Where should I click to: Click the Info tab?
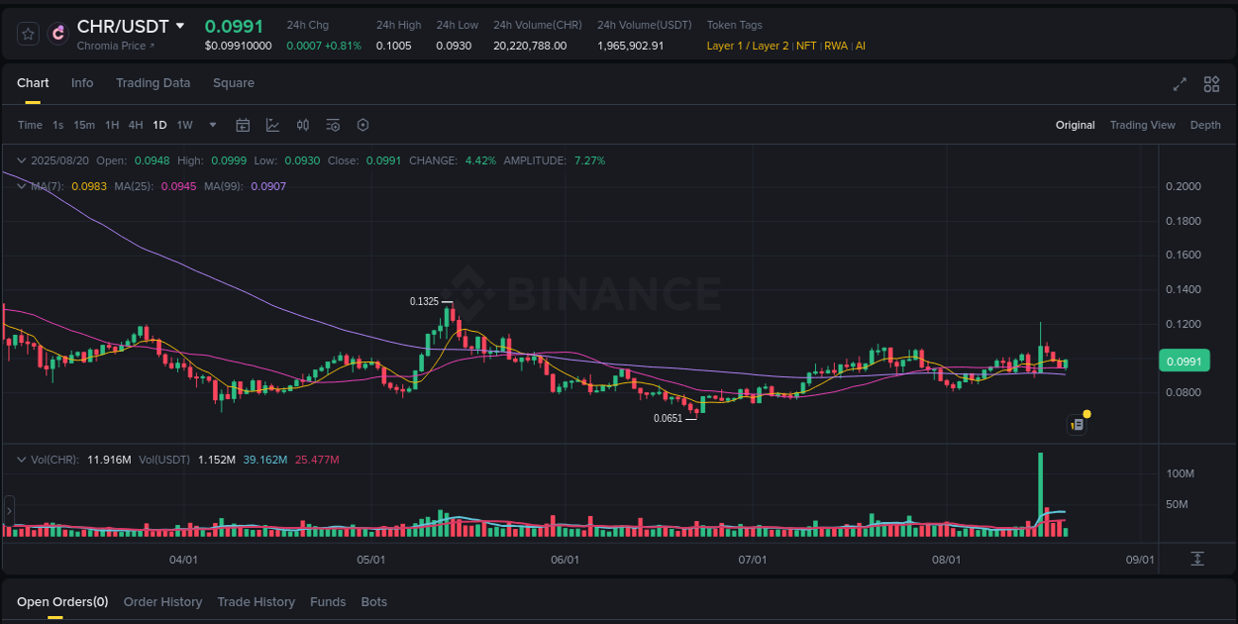point(82,83)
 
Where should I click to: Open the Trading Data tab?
point(153,83)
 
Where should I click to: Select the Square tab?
point(234,83)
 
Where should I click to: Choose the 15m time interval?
point(84,125)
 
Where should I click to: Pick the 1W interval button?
point(184,125)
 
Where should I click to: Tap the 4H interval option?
point(136,125)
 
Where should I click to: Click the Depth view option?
point(1205,125)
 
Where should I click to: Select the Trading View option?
point(1142,125)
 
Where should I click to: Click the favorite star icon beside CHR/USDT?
point(29,34)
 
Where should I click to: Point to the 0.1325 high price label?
point(424,301)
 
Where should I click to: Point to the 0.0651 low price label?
point(668,418)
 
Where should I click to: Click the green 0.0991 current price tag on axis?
point(1184,362)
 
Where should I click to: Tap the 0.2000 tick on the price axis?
point(1183,186)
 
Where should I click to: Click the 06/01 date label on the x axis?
point(565,560)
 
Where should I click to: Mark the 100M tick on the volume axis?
point(1180,473)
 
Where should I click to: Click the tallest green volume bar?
point(1041,495)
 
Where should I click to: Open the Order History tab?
point(162,602)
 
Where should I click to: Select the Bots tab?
point(373,602)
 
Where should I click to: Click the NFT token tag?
point(806,46)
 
